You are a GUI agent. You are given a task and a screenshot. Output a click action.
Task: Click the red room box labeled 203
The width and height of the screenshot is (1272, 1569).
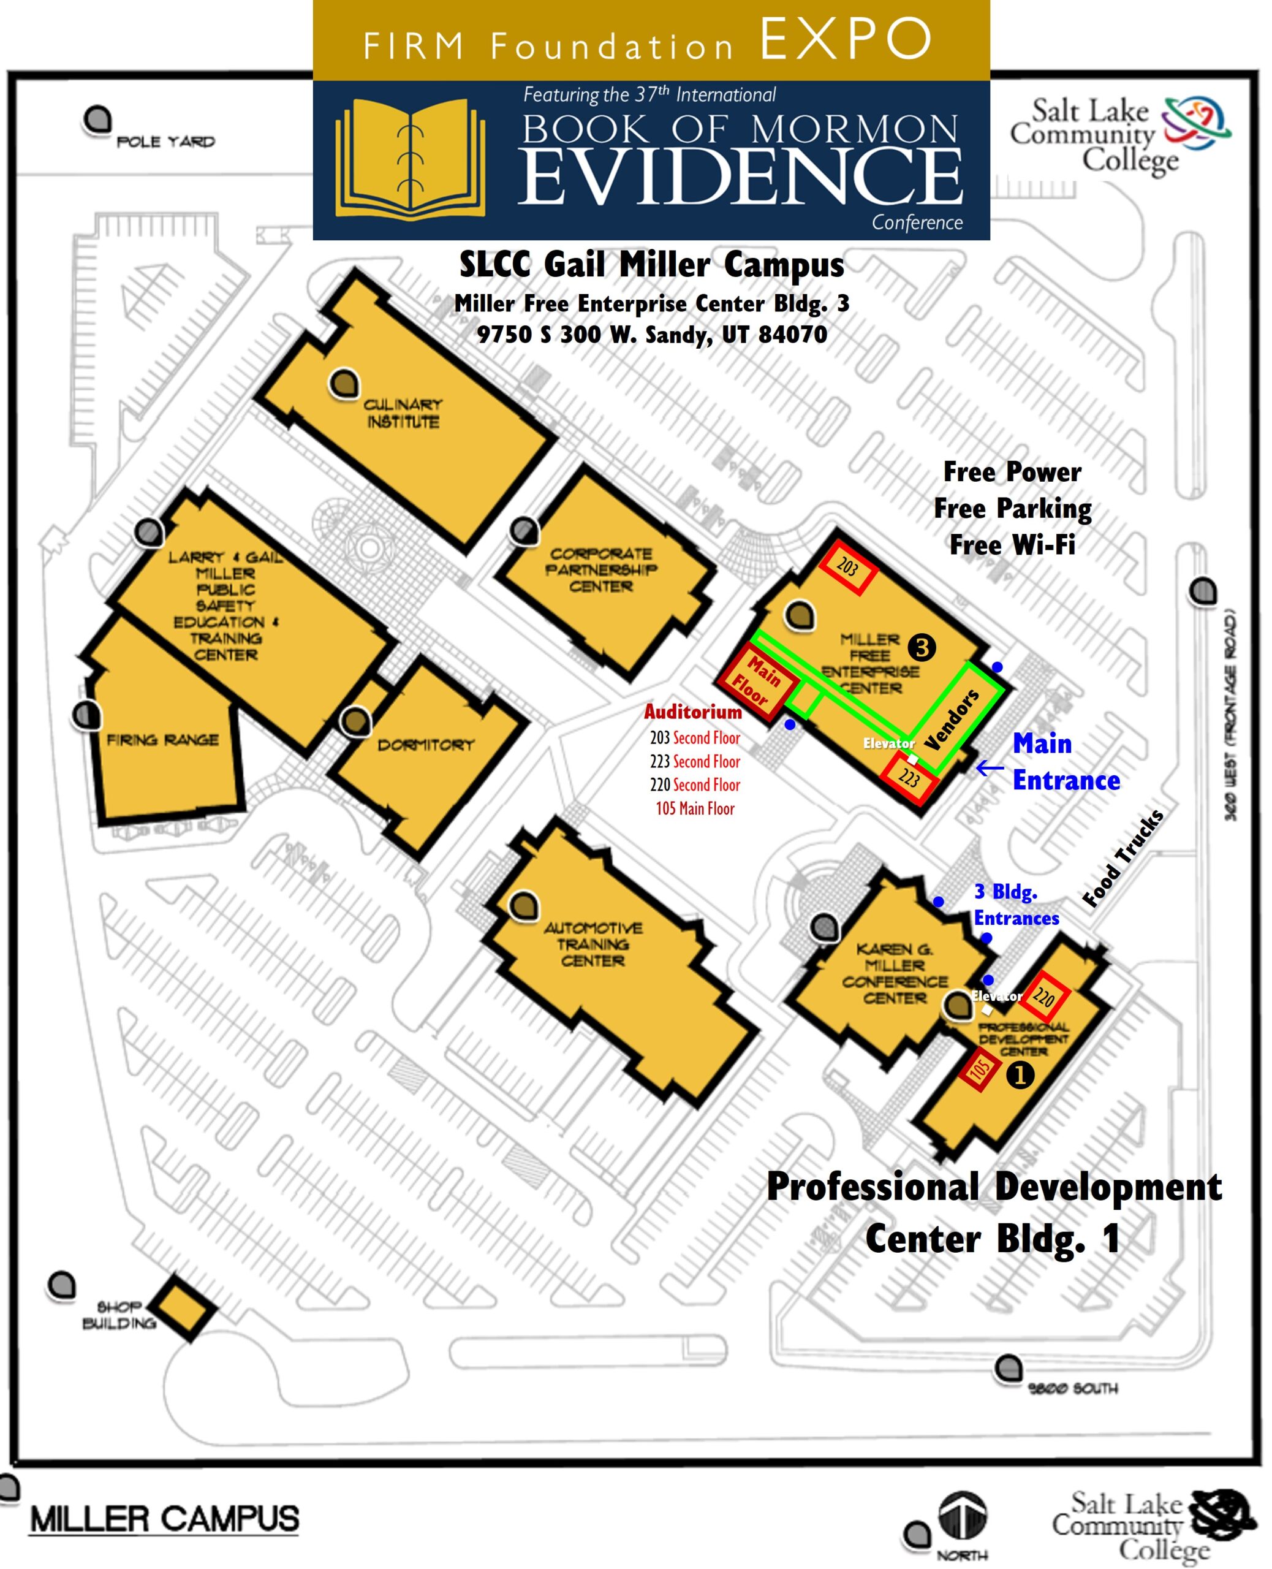coord(846,567)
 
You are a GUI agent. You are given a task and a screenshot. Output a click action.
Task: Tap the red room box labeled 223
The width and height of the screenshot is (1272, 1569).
coord(909,778)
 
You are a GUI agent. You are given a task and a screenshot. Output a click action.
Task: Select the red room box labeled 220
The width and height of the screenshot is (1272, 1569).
coord(1043,997)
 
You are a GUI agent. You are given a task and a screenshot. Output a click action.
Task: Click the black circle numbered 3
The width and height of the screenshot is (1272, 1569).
coord(922,647)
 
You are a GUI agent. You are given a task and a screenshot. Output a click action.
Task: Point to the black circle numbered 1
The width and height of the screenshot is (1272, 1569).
coord(1020,1074)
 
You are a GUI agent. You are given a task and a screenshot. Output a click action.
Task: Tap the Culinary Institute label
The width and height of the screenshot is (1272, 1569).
coord(403,413)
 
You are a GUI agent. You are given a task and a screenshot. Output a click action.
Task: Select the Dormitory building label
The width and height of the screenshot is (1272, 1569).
coord(426,745)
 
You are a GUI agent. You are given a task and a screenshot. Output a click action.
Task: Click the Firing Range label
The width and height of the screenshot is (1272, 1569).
coord(162,740)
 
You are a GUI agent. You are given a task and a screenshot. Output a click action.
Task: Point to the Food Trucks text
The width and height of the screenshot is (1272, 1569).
coord(1122,859)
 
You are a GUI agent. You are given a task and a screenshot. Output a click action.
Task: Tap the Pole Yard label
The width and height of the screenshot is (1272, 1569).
coord(165,142)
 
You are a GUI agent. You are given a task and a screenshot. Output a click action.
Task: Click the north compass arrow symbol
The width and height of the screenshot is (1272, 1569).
coord(963,1516)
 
